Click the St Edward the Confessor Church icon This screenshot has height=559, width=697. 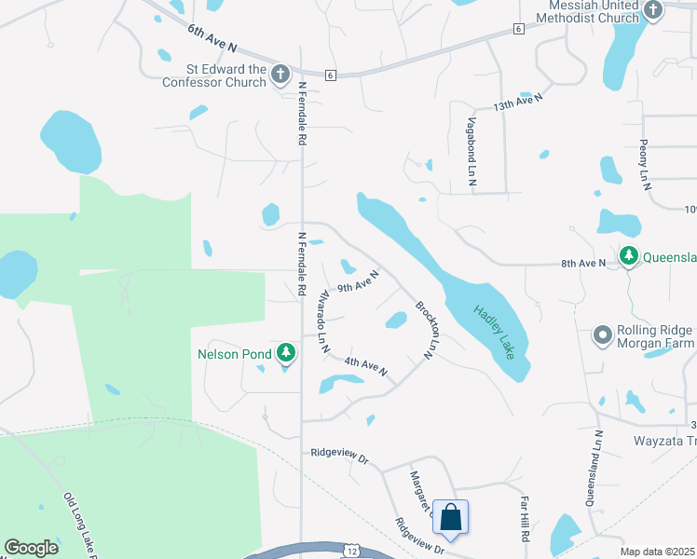pyautogui.click(x=280, y=75)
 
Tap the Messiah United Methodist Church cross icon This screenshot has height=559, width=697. pyautogui.click(x=653, y=11)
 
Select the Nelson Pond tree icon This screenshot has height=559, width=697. pyautogui.click(x=285, y=354)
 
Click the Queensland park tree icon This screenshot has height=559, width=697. pyautogui.click(x=629, y=255)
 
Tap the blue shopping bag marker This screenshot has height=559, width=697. pyautogui.click(x=450, y=518)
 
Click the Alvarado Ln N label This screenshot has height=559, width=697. pyautogui.click(x=323, y=320)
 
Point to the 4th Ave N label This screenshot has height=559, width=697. pyautogui.click(x=365, y=366)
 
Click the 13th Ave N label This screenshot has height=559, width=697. pyautogui.click(x=517, y=102)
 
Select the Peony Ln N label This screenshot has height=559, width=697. pyautogui.click(x=644, y=164)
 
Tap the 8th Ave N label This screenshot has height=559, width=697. pyautogui.click(x=583, y=264)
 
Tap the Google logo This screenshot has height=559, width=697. pyautogui.click(x=31, y=548)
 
